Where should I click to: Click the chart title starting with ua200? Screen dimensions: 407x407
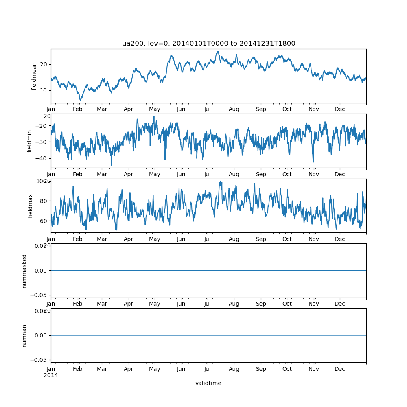208,43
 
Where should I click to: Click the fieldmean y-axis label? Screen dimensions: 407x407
34,76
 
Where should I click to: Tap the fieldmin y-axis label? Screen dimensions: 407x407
29,141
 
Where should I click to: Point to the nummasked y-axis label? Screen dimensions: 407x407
24,271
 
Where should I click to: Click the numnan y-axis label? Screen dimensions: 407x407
24,335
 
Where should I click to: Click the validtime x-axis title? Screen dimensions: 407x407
208,383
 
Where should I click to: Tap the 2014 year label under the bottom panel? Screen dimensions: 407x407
50,375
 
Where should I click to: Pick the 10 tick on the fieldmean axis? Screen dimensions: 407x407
43,90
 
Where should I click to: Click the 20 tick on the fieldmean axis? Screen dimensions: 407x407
43,64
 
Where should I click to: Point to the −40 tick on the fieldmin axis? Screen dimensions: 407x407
41,158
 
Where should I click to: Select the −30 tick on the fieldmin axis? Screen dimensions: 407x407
41,142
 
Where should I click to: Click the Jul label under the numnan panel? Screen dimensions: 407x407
208,369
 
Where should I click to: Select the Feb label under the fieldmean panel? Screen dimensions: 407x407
78,109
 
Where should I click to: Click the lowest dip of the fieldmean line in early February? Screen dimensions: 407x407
81,100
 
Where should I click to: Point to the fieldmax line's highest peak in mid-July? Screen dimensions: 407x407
221,182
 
